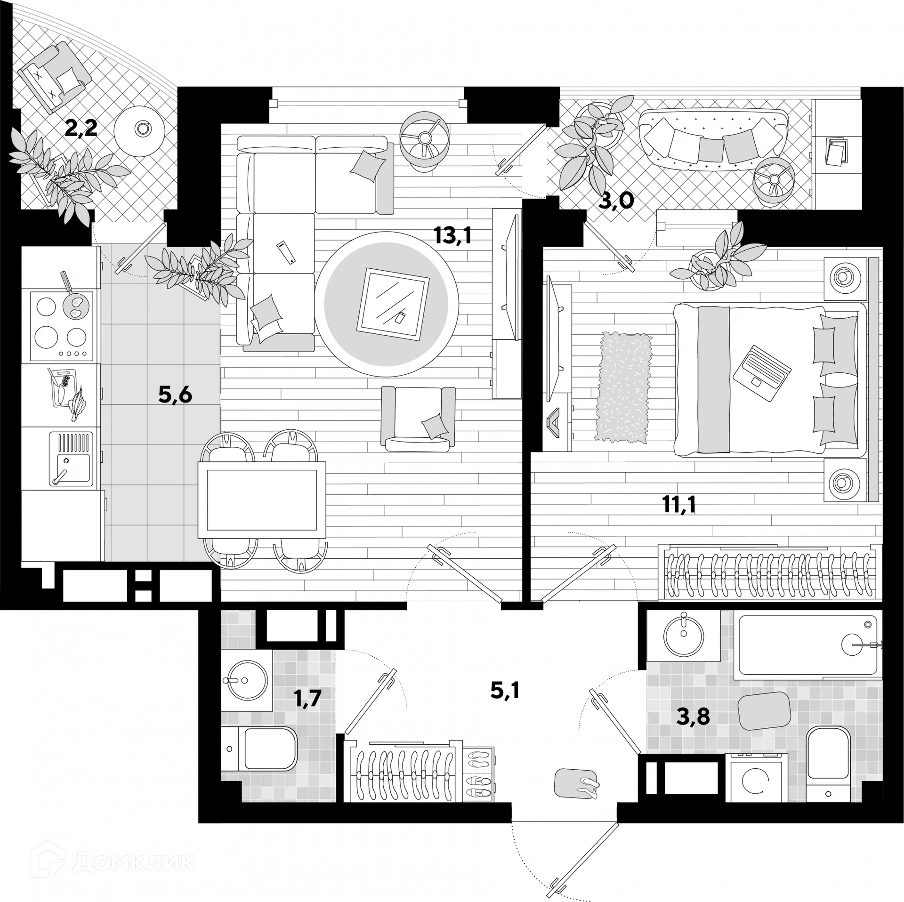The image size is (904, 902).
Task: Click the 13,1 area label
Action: [x=452, y=235]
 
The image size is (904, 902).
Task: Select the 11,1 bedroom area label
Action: [x=678, y=505]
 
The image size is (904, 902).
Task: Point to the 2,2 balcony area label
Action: [x=81, y=128]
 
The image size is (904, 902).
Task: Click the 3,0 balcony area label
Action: [x=616, y=201]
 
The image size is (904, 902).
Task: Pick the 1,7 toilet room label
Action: [x=307, y=698]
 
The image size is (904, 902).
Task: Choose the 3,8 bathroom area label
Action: [x=693, y=717]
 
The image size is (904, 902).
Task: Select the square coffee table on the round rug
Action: [x=393, y=305]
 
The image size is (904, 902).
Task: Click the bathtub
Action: [x=807, y=645]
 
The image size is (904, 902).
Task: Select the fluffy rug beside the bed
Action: [x=623, y=387]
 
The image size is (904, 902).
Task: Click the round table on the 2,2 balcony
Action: [x=139, y=128]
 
